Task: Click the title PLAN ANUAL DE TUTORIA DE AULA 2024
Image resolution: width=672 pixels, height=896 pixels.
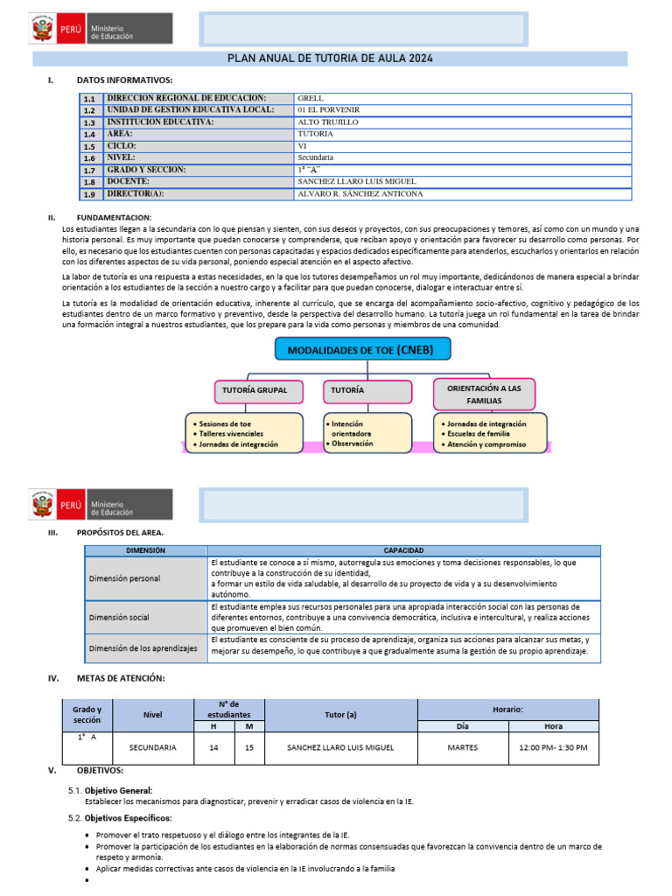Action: pyautogui.click(x=330, y=59)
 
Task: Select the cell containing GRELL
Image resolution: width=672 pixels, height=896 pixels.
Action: pyautogui.click(x=311, y=99)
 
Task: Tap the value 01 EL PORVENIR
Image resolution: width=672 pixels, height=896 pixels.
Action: pyautogui.click(x=329, y=110)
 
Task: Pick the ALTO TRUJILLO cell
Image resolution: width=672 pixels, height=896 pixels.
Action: pyautogui.click(x=327, y=122)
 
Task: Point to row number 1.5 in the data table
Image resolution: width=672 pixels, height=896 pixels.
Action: pyautogui.click(x=90, y=147)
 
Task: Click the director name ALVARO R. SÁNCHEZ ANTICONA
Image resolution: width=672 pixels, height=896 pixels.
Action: pyautogui.click(x=360, y=193)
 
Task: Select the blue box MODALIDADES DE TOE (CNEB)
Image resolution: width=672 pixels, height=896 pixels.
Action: pyautogui.click(x=367, y=350)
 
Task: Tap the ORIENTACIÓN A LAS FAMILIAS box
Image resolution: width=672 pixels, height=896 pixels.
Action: pyautogui.click(x=485, y=394)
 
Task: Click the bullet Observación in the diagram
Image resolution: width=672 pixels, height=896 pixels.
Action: pyautogui.click(x=351, y=444)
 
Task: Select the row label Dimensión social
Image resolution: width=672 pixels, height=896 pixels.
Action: pyautogui.click(x=120, y=617)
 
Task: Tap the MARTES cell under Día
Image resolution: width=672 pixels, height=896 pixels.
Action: pyautogui.click(x=462, y=747)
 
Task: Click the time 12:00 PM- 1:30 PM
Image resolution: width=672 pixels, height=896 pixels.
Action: pyautogui.click(x=553, y=747)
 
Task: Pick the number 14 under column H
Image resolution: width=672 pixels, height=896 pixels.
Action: pyautogui.click(x=213, y=747)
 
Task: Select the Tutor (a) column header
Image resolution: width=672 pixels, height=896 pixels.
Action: pyautogui.click(x=340, y=715)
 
